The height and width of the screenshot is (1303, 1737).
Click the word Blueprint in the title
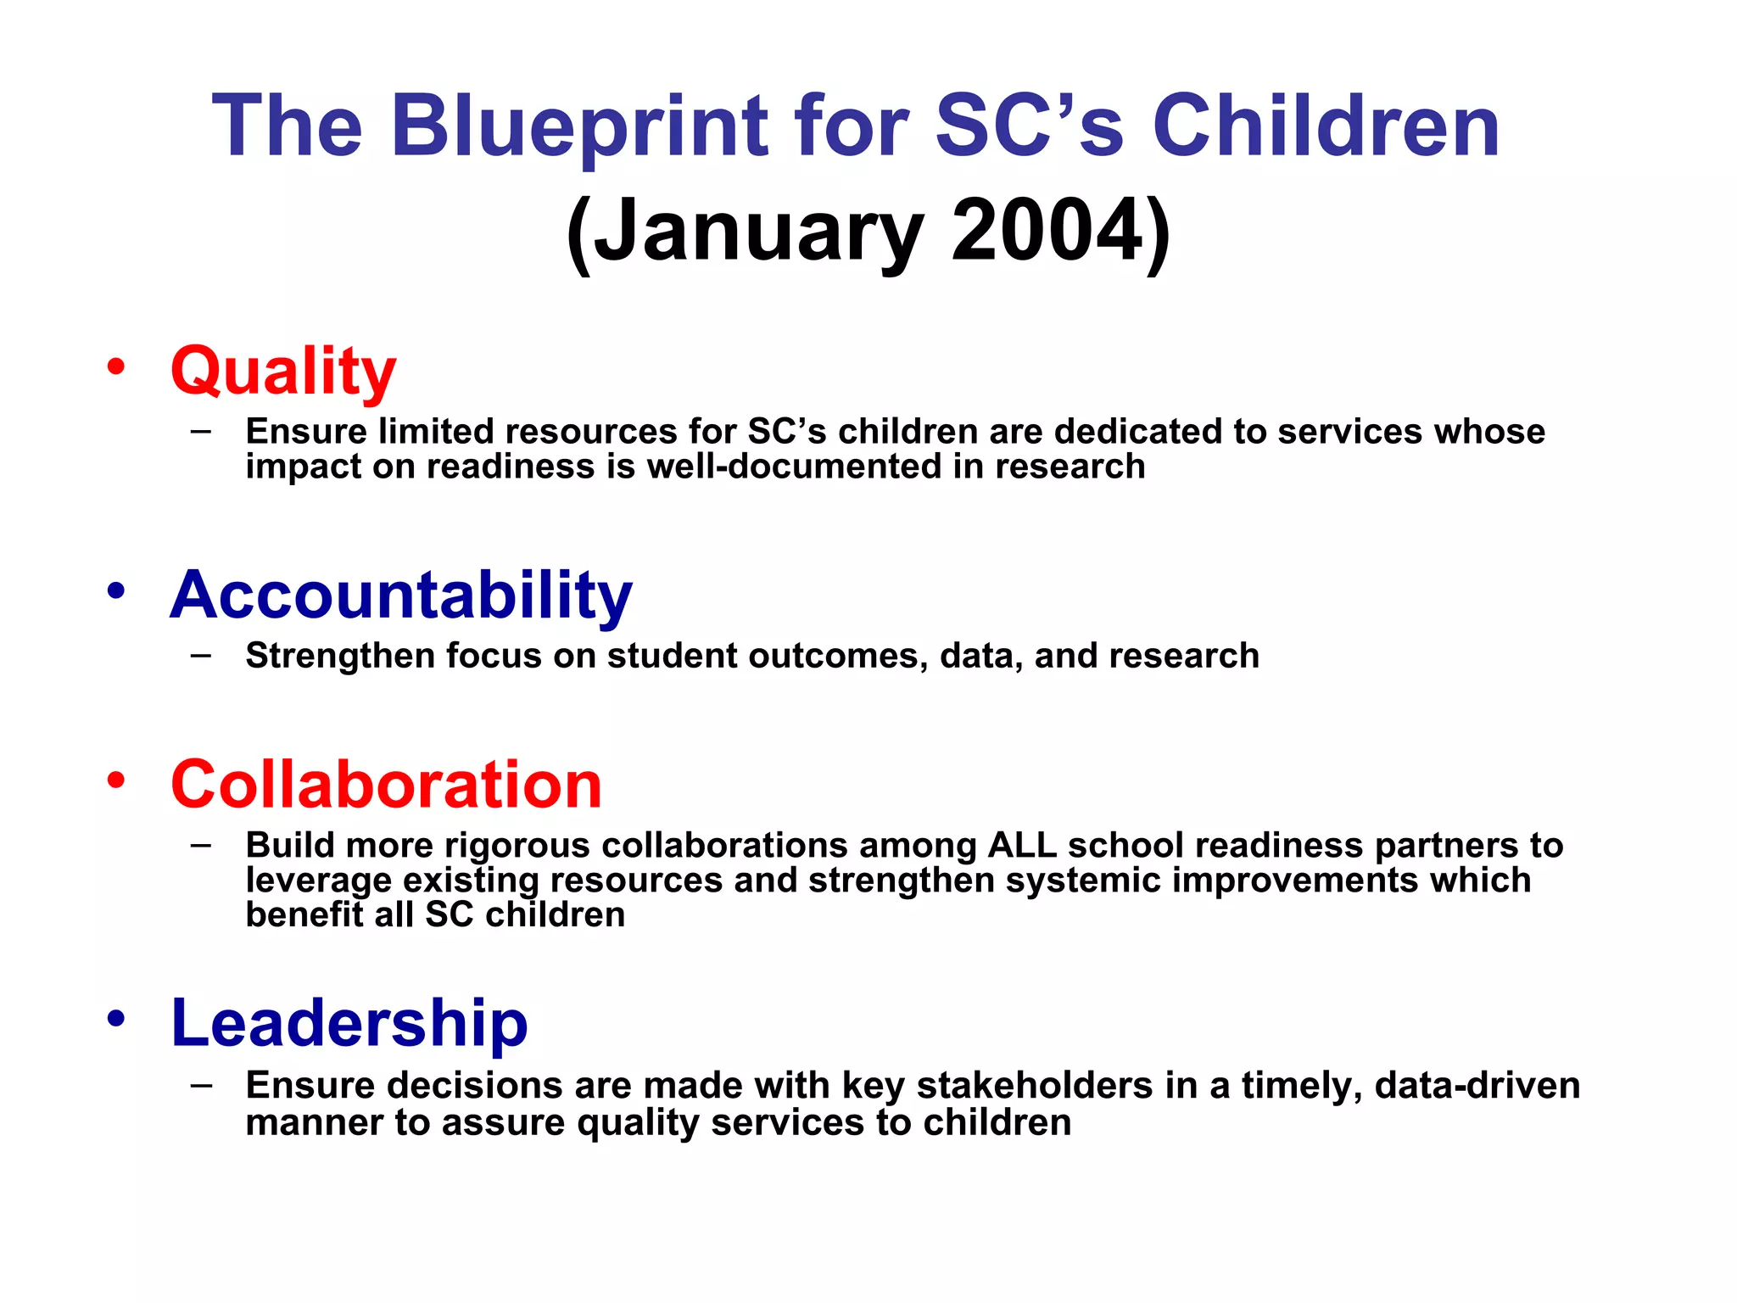coord(579,127)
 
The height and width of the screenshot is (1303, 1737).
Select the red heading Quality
coord(283,372)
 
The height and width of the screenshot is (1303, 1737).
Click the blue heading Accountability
coord(401,595)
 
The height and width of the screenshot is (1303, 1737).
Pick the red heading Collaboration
coord(386,785)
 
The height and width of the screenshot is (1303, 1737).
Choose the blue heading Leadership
coord(349,1023)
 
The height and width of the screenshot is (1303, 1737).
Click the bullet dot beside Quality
coord(116,367)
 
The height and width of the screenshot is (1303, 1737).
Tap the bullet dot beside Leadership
coord(116,1018)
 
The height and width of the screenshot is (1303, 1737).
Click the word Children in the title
coord(1326,127)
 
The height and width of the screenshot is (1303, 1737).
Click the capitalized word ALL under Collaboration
coord(1021,846)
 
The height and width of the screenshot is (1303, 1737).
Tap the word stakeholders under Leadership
coord(1035,1086)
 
